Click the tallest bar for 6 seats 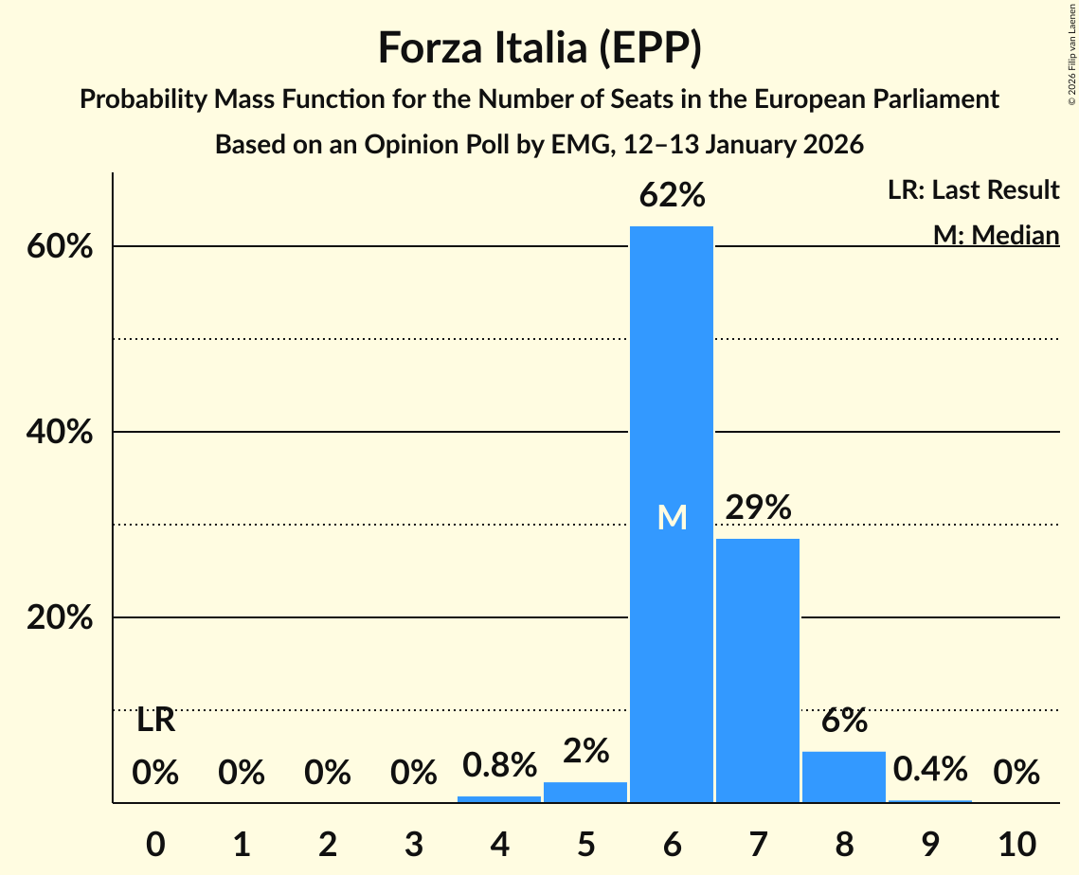pos(672,379)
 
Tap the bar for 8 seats pos(844,777)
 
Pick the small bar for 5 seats pos(585,793)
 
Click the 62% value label pos(672,196)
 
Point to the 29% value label pos(758,508)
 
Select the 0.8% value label pos(499,764)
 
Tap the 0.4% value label pos(929,768)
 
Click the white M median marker pos(672,517)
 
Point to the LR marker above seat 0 pos(155,721)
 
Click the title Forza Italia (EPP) pos(539,47)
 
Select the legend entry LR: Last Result pos(973,190)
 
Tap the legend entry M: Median pos(996,234)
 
